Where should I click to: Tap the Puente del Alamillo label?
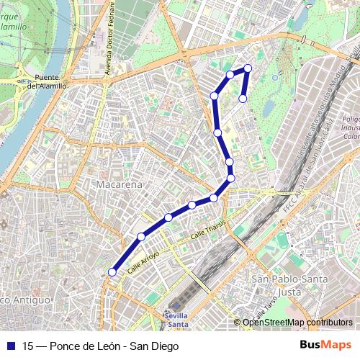[47, 81]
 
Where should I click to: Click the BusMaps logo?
[325, 345]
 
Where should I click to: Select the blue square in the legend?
[9, 346]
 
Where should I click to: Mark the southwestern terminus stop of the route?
[112, 271]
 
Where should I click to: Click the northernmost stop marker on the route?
[248, 68]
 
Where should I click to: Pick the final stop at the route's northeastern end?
[243, 98]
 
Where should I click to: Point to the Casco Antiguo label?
[24, 299]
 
